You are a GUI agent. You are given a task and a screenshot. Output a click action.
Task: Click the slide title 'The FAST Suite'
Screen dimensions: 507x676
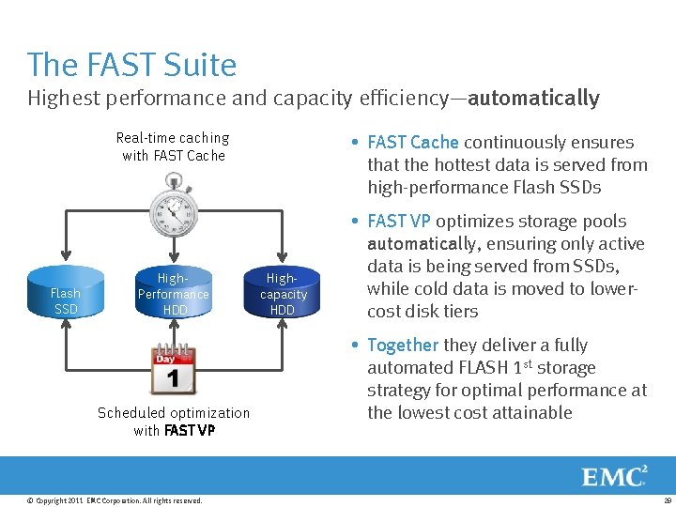point(131,65)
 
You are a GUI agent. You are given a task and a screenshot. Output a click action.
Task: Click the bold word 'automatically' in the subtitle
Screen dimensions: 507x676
point(533,98)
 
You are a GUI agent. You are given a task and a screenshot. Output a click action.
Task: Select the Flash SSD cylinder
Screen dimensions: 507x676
point(66,294)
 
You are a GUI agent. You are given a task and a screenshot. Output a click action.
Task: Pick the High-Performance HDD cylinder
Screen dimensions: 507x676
point(174,293)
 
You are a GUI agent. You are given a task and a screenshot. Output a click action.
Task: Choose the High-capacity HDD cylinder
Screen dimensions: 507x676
point(283,293)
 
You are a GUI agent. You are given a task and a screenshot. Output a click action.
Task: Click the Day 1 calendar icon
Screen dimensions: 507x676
point(174,370)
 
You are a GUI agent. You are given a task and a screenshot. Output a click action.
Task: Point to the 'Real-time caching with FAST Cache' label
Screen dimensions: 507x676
point(173,146)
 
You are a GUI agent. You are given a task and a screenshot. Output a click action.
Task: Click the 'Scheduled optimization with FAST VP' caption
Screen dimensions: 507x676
point(174,422)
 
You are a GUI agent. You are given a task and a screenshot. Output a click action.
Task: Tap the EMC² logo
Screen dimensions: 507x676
point(614,476)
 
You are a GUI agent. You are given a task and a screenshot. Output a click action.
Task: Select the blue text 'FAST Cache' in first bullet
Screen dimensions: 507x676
point(413,143)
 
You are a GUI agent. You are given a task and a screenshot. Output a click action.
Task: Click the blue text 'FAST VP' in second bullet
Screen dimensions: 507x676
point(399,222)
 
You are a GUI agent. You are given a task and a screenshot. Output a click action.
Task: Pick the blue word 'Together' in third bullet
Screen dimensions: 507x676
point(403,346)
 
